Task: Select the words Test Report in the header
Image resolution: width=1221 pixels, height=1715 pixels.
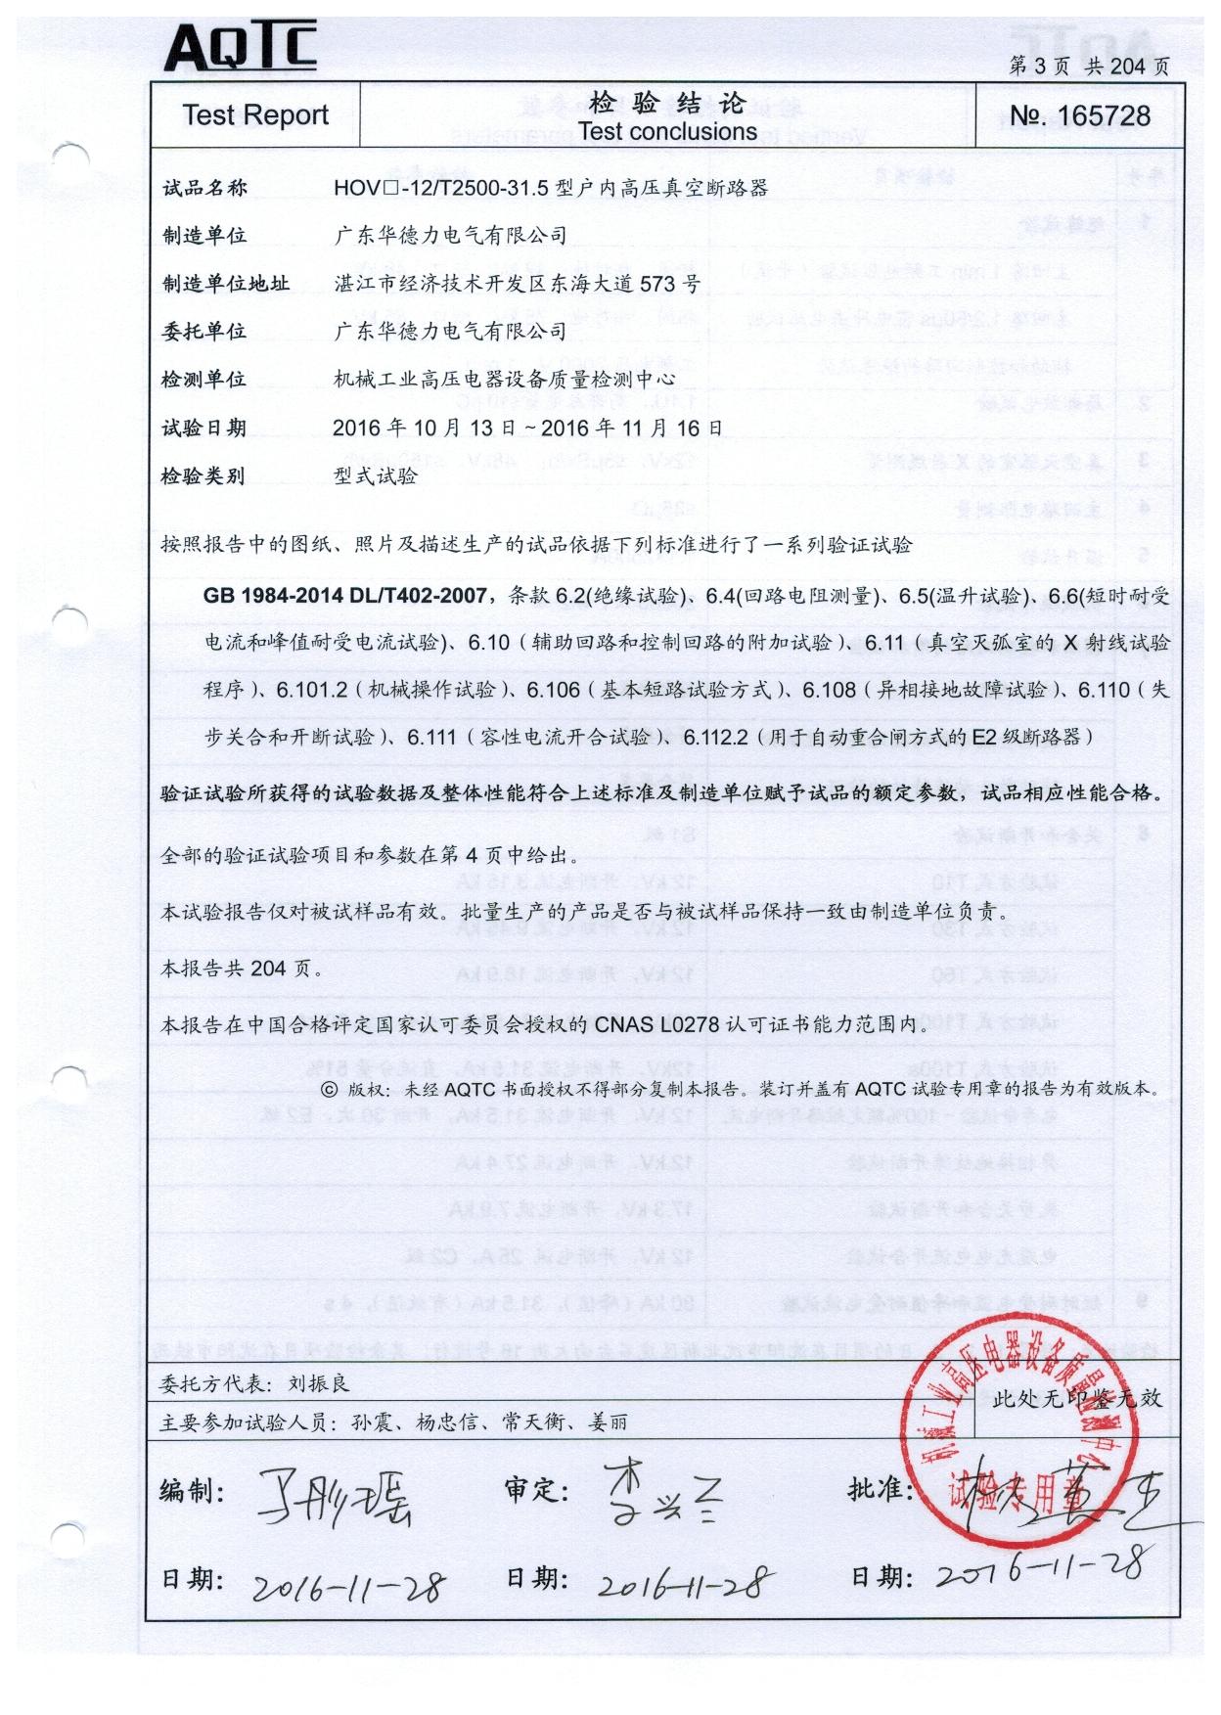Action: [255, 115]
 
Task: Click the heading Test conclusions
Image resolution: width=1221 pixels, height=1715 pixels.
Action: [667, 132]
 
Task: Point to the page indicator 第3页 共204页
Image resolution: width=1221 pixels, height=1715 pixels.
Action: [1088, 66]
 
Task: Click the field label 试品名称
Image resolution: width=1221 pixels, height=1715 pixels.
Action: [204, 188]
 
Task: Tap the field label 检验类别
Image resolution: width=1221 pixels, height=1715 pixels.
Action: [203, 476]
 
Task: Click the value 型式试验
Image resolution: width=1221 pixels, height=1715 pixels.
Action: [375, 476]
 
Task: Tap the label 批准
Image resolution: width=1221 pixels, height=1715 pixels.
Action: [880, 1489]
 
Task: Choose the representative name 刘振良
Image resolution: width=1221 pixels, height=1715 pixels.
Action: [318, 1383]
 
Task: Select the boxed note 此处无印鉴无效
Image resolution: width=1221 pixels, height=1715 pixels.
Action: [1077, 1398]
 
